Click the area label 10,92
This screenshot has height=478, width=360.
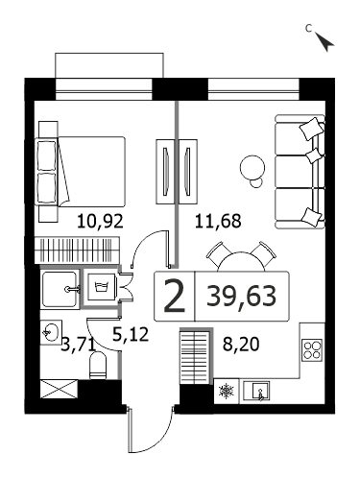point(100,221)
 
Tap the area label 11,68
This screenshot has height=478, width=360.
point(218,221)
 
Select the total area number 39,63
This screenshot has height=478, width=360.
point(241,297)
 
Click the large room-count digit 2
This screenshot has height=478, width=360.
point(174,296)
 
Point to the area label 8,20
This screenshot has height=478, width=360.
point(241,345)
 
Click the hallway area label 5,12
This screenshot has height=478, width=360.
point(131,334)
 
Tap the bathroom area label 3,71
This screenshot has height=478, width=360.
point(79,345)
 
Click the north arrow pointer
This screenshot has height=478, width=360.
point(324,41)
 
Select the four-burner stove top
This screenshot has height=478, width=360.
point(312,349)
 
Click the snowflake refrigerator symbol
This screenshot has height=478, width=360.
point(227,391)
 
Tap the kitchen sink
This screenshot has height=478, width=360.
point(256,391)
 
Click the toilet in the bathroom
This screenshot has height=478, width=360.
point(98,365)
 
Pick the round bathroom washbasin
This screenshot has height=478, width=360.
point(50,332)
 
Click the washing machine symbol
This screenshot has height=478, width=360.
point(100,286)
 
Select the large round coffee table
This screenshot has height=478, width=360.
point(252,167)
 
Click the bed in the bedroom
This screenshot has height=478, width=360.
point(82,172)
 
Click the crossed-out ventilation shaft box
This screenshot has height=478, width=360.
point(60,389)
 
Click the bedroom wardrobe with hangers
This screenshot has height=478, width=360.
point(77,250)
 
